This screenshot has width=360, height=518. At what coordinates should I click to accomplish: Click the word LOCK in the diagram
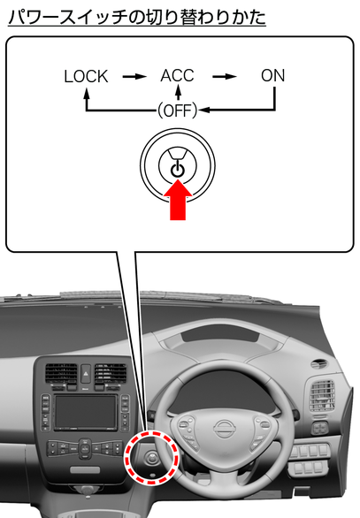click(x=86, y=76)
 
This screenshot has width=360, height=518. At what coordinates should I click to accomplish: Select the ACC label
click(x=177, y=76)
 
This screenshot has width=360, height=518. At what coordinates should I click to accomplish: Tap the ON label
click(x=272, y=76)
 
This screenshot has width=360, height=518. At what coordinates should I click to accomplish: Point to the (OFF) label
click(x=177, y=110)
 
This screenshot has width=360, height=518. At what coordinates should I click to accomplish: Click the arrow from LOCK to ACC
click(x=134, y=77)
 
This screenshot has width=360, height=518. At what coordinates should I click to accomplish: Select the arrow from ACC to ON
click(x=225, y=77)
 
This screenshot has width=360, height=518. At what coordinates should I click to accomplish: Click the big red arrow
click(x=178, y=199)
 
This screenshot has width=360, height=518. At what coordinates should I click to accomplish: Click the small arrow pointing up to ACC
click(x=178, y=93)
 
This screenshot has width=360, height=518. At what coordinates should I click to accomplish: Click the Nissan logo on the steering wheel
click(x=225, y=429)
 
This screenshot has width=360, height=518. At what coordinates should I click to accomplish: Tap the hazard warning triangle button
click(x=86, y=373)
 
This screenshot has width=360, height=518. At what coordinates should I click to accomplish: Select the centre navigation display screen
click(x=85, y=412)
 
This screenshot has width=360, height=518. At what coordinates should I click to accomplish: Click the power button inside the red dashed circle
click(x=152, y=458)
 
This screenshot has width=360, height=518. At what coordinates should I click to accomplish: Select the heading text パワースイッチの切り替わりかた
click(x=137, y=17)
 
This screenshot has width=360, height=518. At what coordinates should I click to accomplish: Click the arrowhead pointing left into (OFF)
click(x=203, y=110)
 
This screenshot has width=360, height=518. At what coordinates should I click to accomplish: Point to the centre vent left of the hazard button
click(x=61, y=373)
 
